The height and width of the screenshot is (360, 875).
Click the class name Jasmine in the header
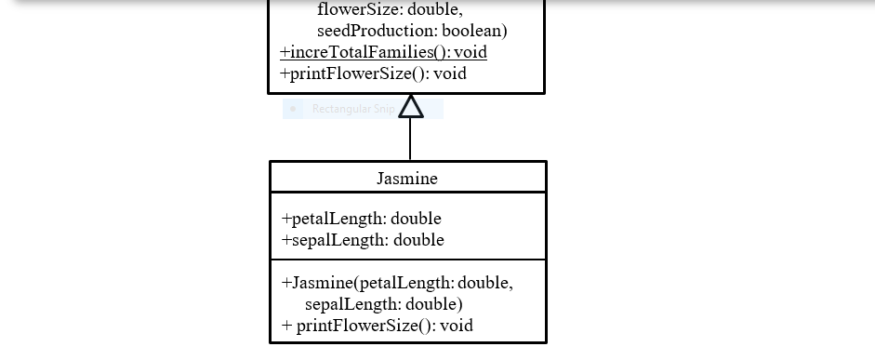pyautogui.click(x=407, y=178)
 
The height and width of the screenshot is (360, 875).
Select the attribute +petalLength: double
pyautogui.click(x=361, y=219)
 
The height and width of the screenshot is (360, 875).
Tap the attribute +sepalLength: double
pyautogui.click(x=363, y=240)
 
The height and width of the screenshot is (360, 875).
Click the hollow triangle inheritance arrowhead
pyautogui.click(x=410, y=107)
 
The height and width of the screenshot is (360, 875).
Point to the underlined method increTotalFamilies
pyautogui.click(x=383, y=52)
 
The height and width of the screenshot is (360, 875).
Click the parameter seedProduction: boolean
pyautogui.click(x=412, y=31)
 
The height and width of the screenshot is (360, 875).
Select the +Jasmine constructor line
pyautogui.click(x=397, y=283)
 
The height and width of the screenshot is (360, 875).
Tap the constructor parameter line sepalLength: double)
pyautogui.click(x=383, y=304)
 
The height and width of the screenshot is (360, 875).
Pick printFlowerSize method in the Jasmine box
pyautogui.click(x=377, y=326)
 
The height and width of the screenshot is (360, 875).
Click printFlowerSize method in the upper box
pyautogui.click(x=373, y=73)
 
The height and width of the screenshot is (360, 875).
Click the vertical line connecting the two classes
pyautogui.click(x=410, y=140)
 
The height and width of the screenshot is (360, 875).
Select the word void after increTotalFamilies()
pyautogui.click(x=471, y=52)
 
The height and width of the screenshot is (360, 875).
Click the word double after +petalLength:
pyautogui.click(x=416, y=219)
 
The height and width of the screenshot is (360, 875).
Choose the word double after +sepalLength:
pyautogui.click(x=418, y=240)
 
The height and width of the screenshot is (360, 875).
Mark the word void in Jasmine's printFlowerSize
pyautogui.click(x=456, y=326)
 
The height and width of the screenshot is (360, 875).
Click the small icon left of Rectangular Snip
pyautogui.click(x=294, y=109)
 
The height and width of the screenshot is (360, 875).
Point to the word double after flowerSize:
pyautogui.click(x=434, y=10)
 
